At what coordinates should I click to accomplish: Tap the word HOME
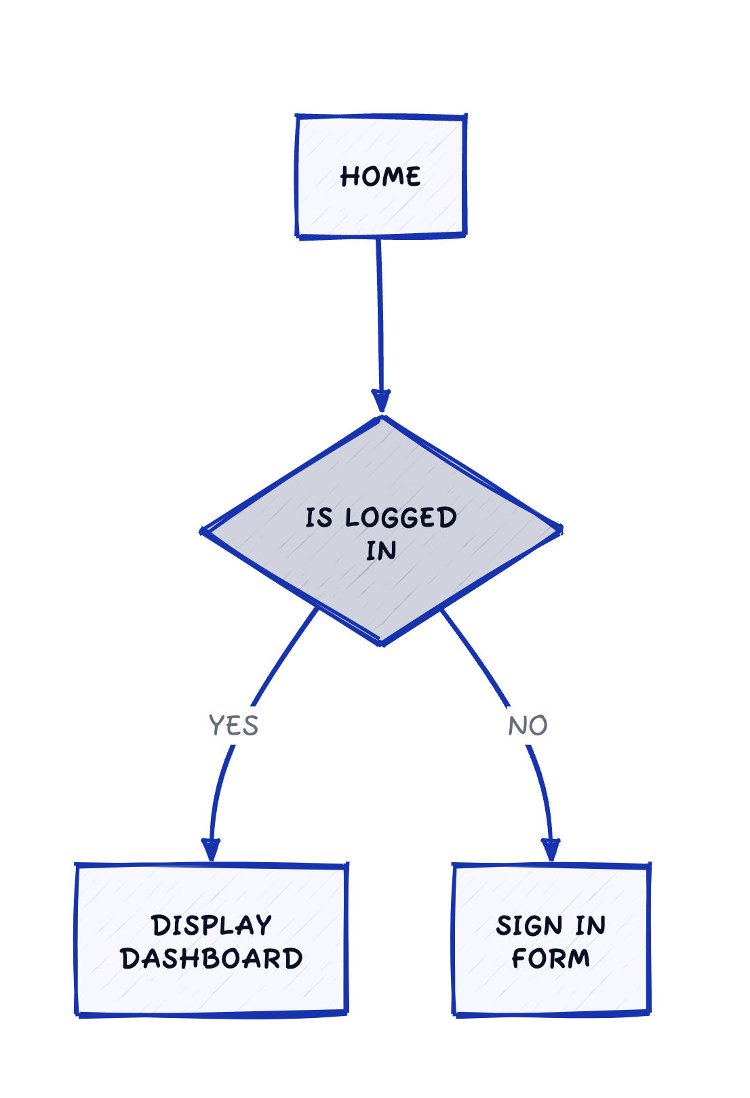point(380,177)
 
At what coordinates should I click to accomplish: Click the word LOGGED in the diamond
point(401,518)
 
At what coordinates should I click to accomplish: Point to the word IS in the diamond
point(319,518)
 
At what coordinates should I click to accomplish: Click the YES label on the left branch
point(233,726)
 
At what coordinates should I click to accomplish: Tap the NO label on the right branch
point(528,726)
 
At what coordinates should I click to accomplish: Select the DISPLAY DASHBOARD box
point(212,990)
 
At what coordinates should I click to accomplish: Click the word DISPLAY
point(212,926)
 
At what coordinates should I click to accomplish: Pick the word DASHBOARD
point(212,959)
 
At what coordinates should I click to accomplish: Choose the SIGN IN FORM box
point(551,990)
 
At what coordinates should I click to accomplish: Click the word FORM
point(551,959)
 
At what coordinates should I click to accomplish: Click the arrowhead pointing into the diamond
point(381,401)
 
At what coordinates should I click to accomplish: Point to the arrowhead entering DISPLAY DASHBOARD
point(211,850)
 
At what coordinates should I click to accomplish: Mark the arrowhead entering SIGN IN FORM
point(551,850)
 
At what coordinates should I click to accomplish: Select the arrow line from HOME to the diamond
point(380,312)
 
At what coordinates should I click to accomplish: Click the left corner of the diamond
point(204,531)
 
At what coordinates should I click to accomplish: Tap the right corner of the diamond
point(559,529)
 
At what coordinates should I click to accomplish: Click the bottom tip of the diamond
point(381,643)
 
